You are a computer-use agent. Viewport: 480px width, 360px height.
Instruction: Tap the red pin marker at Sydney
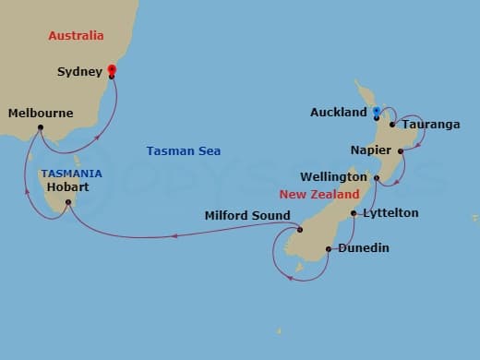click(x=112, y=69)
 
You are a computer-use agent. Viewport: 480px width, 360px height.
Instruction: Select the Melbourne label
click(x=40, y=114)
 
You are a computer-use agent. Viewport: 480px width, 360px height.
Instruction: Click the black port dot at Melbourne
click(x=41, y=127)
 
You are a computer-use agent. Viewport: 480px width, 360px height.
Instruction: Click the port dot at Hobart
click(x=67, y=213)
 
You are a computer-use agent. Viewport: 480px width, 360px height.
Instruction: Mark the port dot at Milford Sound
click(x=300, y=230)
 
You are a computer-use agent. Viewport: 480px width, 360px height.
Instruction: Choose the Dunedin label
click(x=363, y=247)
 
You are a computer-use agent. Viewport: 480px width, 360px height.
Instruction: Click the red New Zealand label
click(x=319, y=195)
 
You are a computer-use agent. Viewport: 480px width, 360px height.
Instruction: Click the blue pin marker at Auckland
click(x=377, y=112)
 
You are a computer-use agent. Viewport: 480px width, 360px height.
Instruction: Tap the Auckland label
click(x=339, y=113)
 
